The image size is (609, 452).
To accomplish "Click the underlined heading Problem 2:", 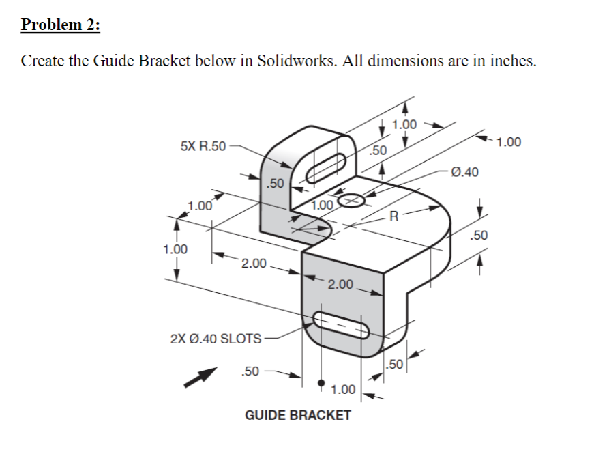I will click(60, 25).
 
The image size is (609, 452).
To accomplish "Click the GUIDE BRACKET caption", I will click(298, 415).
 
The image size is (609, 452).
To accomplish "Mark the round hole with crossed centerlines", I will click(351, 201).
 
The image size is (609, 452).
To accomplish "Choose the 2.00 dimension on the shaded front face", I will click(340, 284).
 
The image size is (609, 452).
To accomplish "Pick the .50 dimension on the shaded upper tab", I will click(274, 183).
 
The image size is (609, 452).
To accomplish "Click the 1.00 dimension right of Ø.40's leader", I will click(509, 142).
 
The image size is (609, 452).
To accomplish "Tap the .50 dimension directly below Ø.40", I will click(479, 236).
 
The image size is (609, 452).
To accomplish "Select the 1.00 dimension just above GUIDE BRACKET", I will click(342, 390).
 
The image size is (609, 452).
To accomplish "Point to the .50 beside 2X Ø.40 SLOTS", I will click(250, 371).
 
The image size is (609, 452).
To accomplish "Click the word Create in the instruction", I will click(43, 61).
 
